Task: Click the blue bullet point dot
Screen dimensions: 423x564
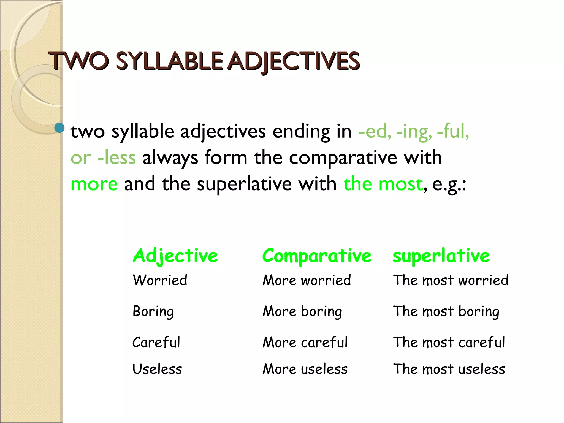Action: point(59,128)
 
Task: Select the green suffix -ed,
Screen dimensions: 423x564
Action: point(375,131)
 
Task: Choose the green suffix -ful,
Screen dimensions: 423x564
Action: point(453,131)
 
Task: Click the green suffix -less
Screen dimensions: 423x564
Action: point(117,158)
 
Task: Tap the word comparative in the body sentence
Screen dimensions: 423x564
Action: point(343,158)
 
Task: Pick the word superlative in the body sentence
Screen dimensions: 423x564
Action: point(244,184)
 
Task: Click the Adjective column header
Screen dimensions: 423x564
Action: point(175,256)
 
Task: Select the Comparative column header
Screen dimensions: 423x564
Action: point(317,256)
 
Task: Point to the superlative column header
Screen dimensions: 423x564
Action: point(441,256)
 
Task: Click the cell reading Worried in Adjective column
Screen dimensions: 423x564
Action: point(160,280)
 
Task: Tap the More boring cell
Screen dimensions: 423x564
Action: point(302,311)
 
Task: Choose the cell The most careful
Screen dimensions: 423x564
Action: point(449,342)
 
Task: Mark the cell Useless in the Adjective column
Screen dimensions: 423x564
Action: point(157,369)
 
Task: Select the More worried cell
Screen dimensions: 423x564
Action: point(307,280)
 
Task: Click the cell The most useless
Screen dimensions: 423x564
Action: point(449,369)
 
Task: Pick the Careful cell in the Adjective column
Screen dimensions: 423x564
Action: point(156,342)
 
